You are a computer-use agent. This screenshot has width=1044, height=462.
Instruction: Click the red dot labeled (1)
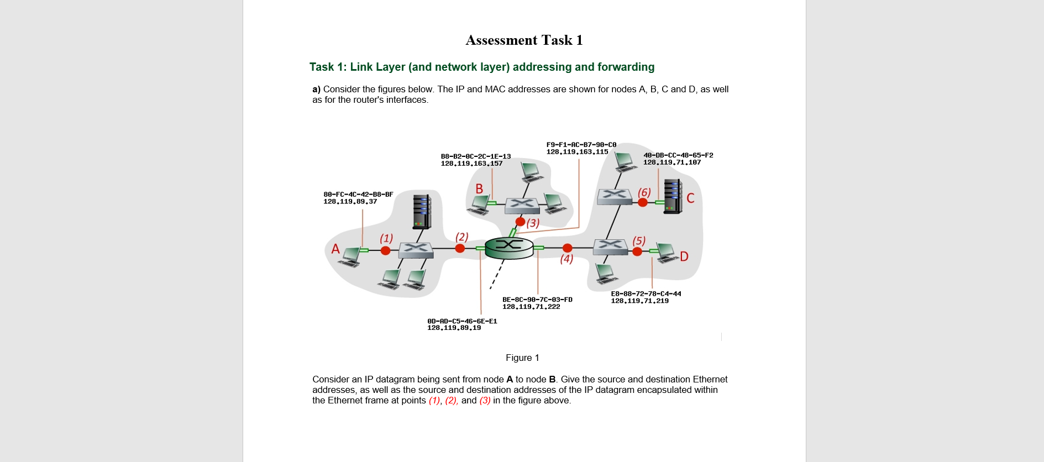tap(386, 250)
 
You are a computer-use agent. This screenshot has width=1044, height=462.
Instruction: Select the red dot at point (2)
tap(460, 249)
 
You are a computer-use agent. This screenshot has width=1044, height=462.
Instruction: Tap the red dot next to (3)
tap(520, 222)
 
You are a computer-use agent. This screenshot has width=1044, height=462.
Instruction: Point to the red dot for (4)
tap(567, 248)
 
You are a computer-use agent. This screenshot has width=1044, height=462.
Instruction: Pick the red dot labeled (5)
tap(637, 251)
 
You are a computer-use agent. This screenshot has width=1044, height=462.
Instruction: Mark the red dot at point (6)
tap(643, 202)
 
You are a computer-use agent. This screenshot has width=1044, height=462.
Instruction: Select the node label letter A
tap(335, 249)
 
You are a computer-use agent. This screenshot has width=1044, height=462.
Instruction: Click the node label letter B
tap(479, 189)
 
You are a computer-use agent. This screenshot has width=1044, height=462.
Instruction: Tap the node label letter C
tap(690, 198)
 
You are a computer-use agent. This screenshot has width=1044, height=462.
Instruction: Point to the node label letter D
tap(684, 256)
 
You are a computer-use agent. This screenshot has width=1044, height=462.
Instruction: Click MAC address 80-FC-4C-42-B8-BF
tap(358, 195)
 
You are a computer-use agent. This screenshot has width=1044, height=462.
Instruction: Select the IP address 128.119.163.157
tap(471, 164)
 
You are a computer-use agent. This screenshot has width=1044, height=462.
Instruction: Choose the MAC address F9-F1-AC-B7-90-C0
tap(581, 145)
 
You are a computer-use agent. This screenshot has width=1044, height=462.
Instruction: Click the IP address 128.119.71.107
tap(671, 162)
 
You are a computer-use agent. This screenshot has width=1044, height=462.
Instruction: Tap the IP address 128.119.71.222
tap(531, 307)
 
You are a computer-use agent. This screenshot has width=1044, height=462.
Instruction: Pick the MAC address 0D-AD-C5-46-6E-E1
tap(462, 321)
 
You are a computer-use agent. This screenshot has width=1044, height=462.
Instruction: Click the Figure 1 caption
tap(522, 358)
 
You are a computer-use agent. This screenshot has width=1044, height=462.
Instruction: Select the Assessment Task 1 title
tap(524, 40)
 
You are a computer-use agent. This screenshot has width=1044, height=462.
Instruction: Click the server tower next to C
tap(673, 196)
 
